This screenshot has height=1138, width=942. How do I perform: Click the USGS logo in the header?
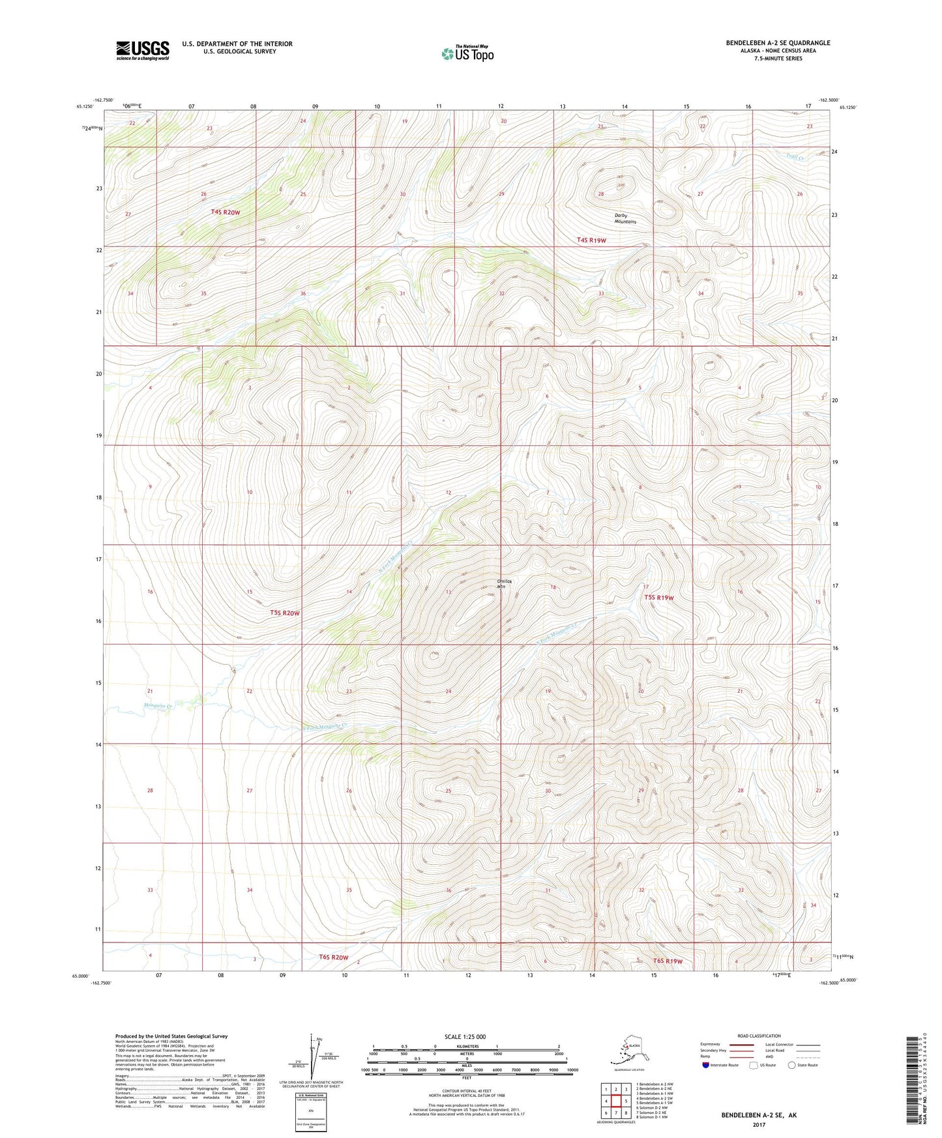(142, 50)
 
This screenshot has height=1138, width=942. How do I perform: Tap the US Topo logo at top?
(467, 53)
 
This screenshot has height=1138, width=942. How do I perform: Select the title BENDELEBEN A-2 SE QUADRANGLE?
(778, 43)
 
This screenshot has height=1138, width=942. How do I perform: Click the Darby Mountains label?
(625, 218)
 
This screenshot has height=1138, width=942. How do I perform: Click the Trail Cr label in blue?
(795, 157)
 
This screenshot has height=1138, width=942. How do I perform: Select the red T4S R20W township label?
(225, 212)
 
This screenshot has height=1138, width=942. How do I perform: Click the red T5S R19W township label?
(658, 597)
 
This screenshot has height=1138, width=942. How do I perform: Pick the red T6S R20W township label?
(334, 957)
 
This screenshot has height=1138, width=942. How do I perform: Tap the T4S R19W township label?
(591, 240)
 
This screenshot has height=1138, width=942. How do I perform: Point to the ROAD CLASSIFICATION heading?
(759, 1036)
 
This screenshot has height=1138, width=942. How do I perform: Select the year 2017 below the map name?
(758, 1124)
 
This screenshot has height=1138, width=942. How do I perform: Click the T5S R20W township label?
(285, 613)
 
